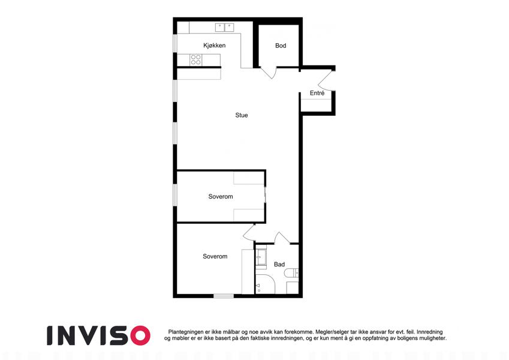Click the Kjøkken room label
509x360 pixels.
[214, 46]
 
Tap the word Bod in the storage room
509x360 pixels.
[281, 46]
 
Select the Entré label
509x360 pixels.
[317, 93]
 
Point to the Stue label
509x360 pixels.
[241, 115]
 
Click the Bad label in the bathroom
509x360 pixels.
[279, 265]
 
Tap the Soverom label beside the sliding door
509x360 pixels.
[221, 197]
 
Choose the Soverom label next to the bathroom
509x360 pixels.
[215, 256]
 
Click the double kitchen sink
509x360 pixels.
[224, 27]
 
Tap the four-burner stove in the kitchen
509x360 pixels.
[195, 59]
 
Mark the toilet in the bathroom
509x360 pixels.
[292, 272]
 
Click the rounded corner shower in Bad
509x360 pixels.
[265, 284]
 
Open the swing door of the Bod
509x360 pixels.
[269, 73]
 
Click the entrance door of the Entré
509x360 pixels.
[327, 80]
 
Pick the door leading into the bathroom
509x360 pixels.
[282, 238]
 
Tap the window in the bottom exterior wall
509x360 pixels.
[224, 296]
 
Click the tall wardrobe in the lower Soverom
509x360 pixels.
[248, 272]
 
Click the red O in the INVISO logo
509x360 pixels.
[140, 335]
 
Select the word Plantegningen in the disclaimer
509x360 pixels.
[186, 332]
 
